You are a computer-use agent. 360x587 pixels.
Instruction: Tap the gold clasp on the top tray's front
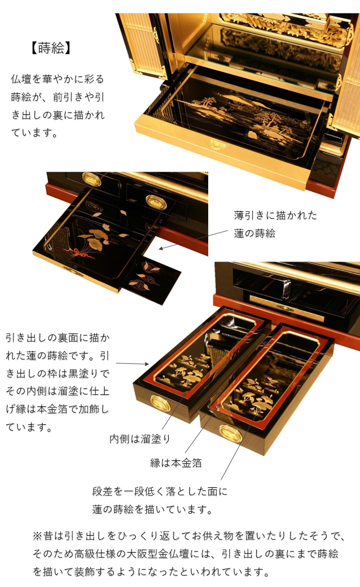click(x=218, y=145)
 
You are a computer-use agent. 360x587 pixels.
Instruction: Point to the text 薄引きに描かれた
click(x=276, y=216)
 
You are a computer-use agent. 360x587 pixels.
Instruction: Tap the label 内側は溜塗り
click(x=140, y=439)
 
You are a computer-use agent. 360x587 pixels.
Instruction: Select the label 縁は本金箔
click(x=176, y=463)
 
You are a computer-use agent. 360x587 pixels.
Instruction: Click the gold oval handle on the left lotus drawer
click(x=159, y=401)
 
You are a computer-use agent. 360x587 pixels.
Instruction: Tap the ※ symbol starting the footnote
click(x=38, y=536)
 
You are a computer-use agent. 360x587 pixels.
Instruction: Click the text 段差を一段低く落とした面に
click(x=160, y=492)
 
